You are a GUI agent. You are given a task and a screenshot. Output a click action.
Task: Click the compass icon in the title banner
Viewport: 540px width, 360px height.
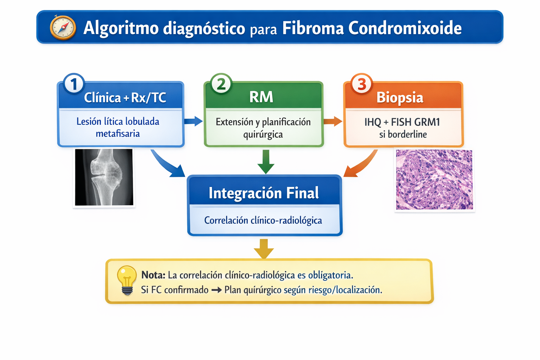[x=63, y=27]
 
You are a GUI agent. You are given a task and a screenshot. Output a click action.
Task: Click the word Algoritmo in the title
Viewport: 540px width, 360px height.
[x=121, y=28]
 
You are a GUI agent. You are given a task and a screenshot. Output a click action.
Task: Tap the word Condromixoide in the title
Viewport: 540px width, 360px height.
[x=405, y=28]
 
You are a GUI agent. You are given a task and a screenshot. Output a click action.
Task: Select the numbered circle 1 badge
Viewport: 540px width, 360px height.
[x=74, y=84]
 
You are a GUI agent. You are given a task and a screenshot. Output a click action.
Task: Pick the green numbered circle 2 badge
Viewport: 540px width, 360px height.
[x=221, y=84]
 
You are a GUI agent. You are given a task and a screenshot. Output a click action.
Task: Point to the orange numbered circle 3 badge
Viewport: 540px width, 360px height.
[x=362, y=84]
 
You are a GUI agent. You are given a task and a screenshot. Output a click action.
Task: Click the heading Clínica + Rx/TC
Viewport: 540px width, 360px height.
[x=125, y=97]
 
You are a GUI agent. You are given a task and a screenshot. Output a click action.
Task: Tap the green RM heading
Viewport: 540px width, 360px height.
[x=261, y=97]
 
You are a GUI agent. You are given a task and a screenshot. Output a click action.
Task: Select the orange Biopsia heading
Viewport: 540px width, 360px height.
[x=400, y=97]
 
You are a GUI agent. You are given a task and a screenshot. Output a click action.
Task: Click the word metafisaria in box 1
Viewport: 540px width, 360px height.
[x=118, y=134]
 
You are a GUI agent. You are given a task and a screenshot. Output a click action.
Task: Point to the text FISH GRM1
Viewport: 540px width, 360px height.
[x=416, y=122]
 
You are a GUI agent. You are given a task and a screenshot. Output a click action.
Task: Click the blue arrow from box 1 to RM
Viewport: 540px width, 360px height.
[x=193, y=121]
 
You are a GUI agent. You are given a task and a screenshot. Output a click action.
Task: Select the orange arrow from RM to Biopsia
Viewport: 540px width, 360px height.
[x=333, y=121]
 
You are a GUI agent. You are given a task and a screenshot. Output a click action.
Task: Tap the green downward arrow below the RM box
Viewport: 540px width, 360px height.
[x=266, y=162]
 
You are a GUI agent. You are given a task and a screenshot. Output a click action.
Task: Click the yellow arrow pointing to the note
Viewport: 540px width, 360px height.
[x=264, y=248]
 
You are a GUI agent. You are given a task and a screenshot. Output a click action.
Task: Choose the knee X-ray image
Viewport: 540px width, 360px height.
[x=104, y=177]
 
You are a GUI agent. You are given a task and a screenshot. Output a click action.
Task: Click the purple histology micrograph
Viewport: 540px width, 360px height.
[x=434, y=180]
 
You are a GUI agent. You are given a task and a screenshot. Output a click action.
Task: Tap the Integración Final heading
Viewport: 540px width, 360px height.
[x=264, y=193]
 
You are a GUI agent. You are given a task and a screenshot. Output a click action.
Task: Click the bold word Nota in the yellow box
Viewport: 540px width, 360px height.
[x=153, y=275]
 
